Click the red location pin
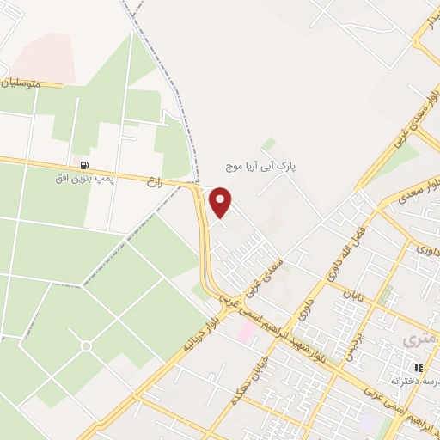tap(222, 202)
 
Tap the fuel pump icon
tap(84, 165)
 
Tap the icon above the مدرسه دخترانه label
tap(419, 368)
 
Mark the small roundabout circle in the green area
tap(86, 345)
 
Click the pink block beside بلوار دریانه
tap(246, 331)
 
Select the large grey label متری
tap(420, 342)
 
